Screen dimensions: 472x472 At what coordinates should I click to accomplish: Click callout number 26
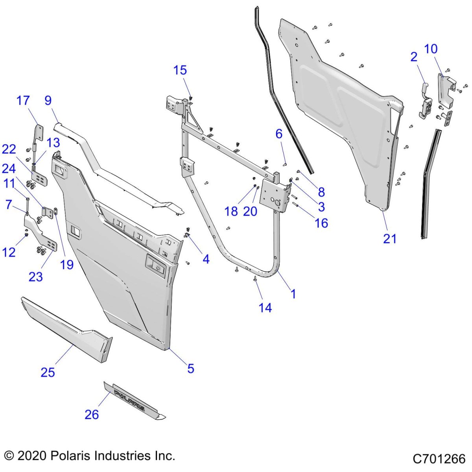click(92, 414)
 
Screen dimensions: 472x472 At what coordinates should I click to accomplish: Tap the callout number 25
click(48, 372)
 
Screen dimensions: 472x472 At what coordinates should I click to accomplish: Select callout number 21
click(390, 238)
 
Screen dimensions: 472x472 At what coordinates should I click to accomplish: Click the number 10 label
click(431, 49)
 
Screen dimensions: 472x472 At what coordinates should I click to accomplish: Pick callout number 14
click(265, 308)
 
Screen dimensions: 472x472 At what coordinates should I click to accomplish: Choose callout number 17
click(23, 100)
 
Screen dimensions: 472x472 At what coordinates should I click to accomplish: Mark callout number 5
click(191, 368)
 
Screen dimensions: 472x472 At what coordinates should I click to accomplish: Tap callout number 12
click(9, 252)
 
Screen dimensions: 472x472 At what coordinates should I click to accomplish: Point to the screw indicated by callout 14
click(255, 279)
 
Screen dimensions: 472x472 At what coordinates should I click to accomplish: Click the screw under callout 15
click(191, 97)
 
